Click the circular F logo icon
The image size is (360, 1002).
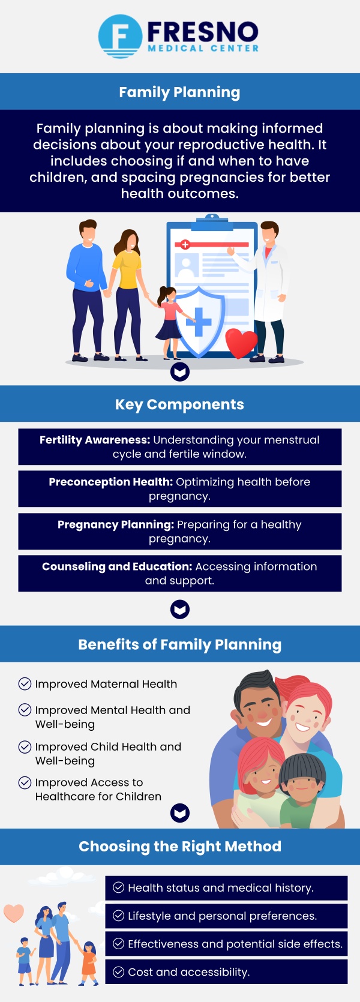coord(120,36)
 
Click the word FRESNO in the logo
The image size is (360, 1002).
coord(203,32)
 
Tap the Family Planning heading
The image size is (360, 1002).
coord(179,92)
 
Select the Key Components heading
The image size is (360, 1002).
coord(179,404)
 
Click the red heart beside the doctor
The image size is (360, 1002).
coord(241,343)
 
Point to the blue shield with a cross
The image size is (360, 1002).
coord(199,320)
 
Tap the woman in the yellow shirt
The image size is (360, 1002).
coord(127,282)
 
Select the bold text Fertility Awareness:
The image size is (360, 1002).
coord(95,440)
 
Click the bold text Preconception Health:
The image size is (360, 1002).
coord(111,482)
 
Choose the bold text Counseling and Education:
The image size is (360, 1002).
coord(117,566)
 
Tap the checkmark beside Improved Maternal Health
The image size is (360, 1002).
coord(25,684)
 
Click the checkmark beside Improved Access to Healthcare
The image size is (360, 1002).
coord(25,782)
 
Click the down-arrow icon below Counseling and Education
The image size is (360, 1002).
coord(180,610)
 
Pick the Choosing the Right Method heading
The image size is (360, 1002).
coord(180,847)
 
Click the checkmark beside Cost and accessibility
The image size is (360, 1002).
coord(119,972)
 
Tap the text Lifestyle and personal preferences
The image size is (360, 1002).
coord(222,916)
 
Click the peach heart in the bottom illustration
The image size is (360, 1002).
coord(14,913)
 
